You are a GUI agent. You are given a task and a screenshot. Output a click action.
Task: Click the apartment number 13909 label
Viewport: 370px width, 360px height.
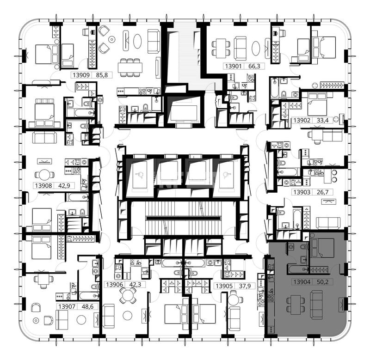[81, 75]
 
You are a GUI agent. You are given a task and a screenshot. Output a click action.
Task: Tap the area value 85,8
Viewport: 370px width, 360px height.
[102, 75]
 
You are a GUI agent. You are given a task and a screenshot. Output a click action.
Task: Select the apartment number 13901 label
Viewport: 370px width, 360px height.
[234, 66]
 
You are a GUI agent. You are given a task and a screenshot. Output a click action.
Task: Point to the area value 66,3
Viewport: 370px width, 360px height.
[254, 66]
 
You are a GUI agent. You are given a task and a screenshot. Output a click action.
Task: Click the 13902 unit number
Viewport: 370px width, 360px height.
[302, 121]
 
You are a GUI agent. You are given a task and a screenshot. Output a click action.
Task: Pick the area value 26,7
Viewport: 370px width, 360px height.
[322, 192]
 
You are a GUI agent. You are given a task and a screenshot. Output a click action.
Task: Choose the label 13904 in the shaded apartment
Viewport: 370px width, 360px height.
[302, 282]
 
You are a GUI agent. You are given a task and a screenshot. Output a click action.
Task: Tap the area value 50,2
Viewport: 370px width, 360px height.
[322, 282]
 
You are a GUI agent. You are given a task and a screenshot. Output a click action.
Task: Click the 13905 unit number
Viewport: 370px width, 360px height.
[224, 286]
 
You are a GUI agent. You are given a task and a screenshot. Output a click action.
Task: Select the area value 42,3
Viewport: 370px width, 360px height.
[135, 285]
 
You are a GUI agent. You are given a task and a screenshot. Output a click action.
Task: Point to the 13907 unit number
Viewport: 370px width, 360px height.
[67, 306]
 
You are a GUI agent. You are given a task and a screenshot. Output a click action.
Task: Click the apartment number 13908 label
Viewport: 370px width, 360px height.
[43, 185]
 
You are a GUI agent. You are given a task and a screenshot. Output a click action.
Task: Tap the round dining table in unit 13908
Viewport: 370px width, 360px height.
[44, 175]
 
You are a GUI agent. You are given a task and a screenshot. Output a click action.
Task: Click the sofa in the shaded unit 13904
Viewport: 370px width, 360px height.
[316, 305]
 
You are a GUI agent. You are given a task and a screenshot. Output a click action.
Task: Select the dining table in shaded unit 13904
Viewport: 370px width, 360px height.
[296, 305]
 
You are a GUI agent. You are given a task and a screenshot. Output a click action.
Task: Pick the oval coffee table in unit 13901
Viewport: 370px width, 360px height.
[256, 49]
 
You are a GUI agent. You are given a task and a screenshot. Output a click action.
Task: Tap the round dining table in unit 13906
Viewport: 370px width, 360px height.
[128, 296]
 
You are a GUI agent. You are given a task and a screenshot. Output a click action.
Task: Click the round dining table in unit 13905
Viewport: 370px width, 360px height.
[234, 300]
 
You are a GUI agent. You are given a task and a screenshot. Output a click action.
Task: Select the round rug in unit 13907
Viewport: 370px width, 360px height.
[81, 319]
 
